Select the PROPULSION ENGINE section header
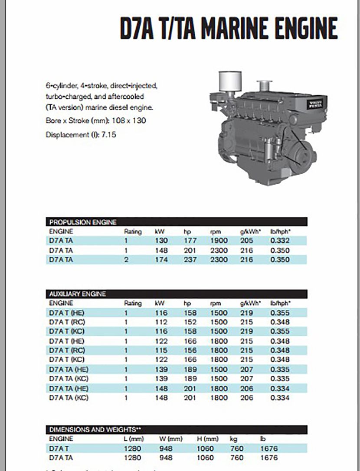coord(83,222)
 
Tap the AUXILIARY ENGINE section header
coord(78,294)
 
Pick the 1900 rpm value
coord(219,240)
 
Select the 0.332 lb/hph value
coord(280,240)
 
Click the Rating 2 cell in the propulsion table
coord(126,260)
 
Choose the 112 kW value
coord(161,322)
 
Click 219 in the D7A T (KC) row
coord(246,331)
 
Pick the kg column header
coord(233,439)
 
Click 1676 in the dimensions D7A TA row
coord(269,458)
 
